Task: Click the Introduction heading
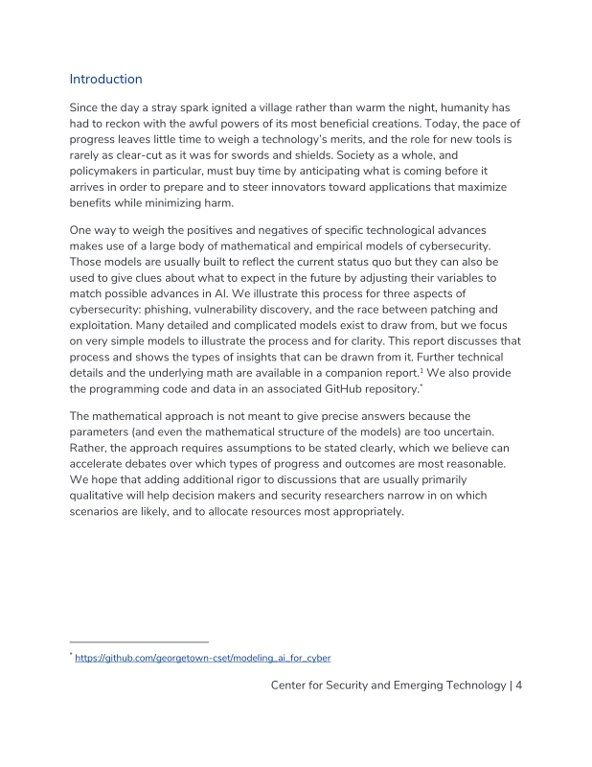pos(106,80)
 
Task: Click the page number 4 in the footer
pos(517,686)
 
